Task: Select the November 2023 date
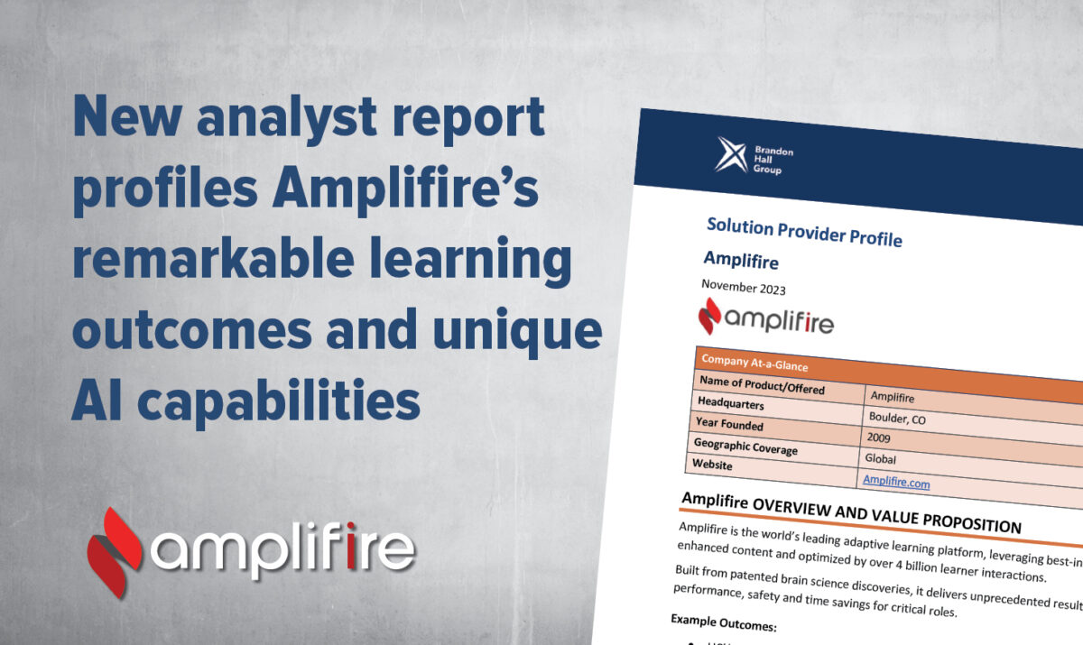tap(743, 290)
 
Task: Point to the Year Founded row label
tap(729, 424)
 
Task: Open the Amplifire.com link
tap(895, 482)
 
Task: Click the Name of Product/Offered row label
tap(773, 389)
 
